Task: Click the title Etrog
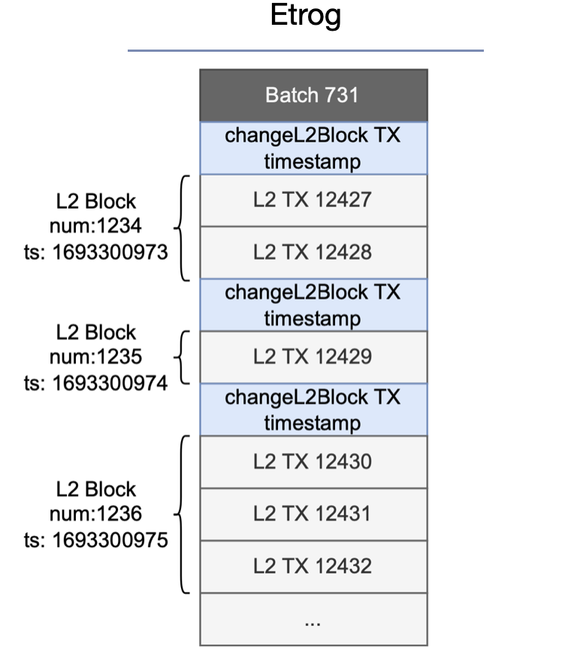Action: click(305, 17)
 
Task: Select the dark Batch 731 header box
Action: click(313, 95)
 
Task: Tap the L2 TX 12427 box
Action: click(313, 200)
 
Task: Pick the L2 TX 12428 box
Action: click(313, 253)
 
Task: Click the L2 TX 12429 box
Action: click(313, 357)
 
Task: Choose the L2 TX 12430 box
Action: click(313, 462)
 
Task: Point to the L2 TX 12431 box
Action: click(313, 514)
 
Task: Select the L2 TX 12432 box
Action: click(313, 566)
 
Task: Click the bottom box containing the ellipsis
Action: click(313, 619)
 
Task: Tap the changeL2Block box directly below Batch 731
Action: click(313, 149)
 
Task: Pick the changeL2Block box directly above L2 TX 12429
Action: click(313, 305)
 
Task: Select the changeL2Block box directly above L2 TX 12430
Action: click(313, 409)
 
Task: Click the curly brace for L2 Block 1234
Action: click(182, 227)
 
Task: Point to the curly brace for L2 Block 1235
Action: click(182, 357)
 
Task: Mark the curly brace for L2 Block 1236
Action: click(182, 514)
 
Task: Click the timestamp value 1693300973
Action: click(110, 252)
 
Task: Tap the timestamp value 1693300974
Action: click(110, 383)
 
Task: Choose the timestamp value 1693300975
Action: click(110, 540)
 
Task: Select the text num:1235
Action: click(95, 357)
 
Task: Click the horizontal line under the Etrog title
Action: click(305, 51)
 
